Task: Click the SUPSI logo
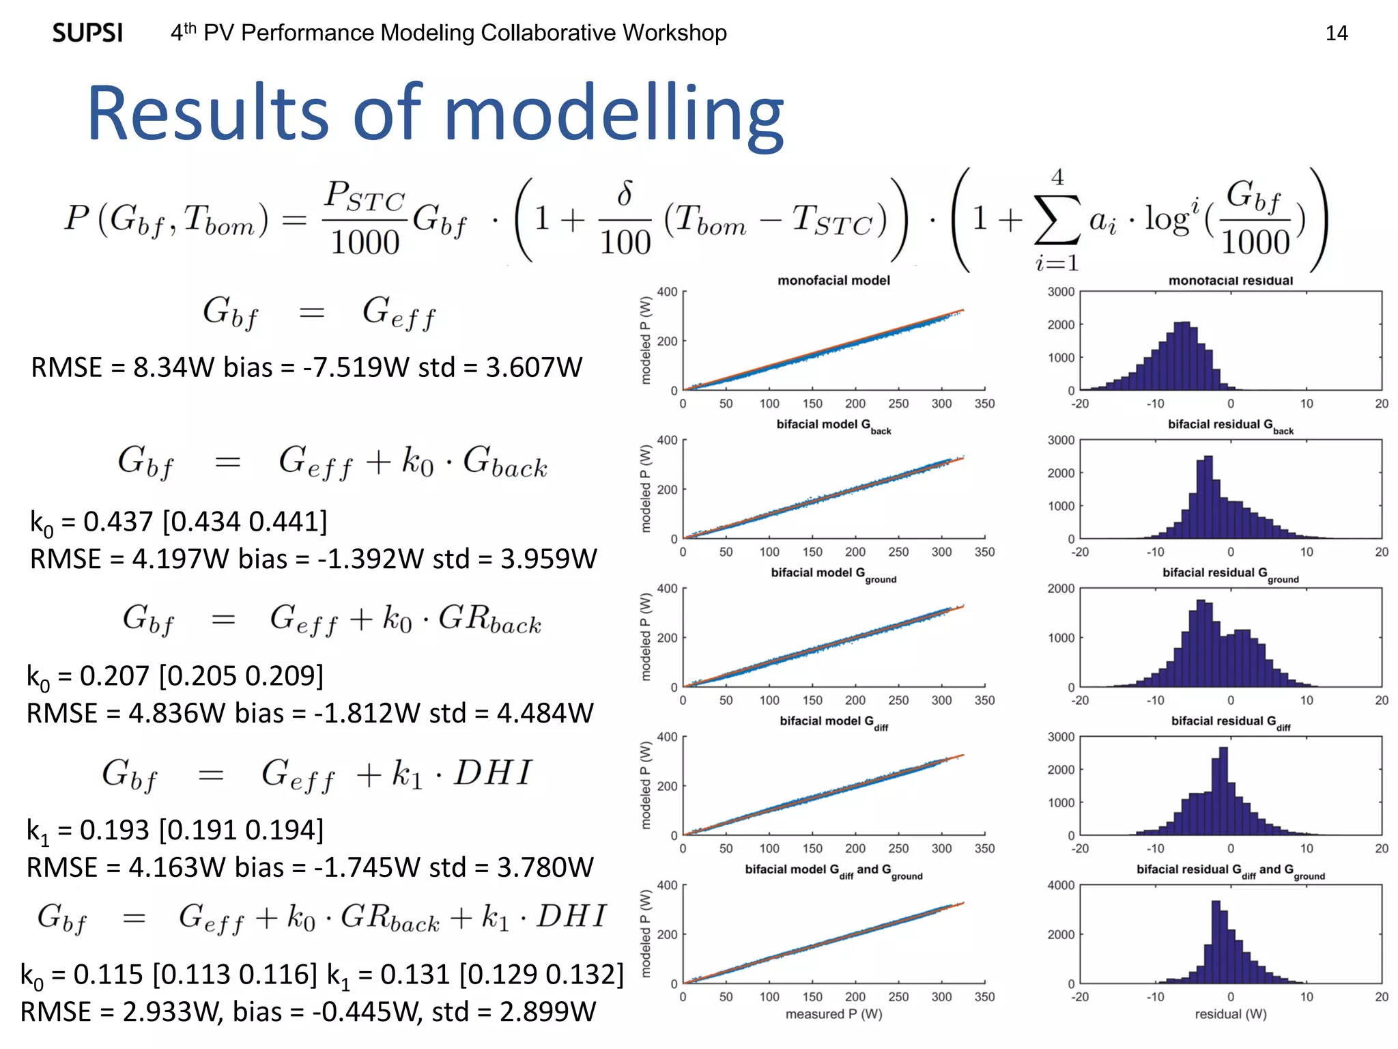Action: coord(87,33)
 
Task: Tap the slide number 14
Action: coord(1336,33)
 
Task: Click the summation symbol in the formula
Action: coord(1057,220)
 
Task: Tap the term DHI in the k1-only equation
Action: coord(492,773)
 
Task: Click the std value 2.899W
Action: coord(547,1011)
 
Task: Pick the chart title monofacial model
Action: coord(833,280)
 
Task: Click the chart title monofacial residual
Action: coord(1230,280)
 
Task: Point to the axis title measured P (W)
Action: coord(833,1014)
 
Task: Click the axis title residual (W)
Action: coord(1230,1014)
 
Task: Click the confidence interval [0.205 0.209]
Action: coord(241,676)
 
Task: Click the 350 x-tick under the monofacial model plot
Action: coord(984,404)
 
